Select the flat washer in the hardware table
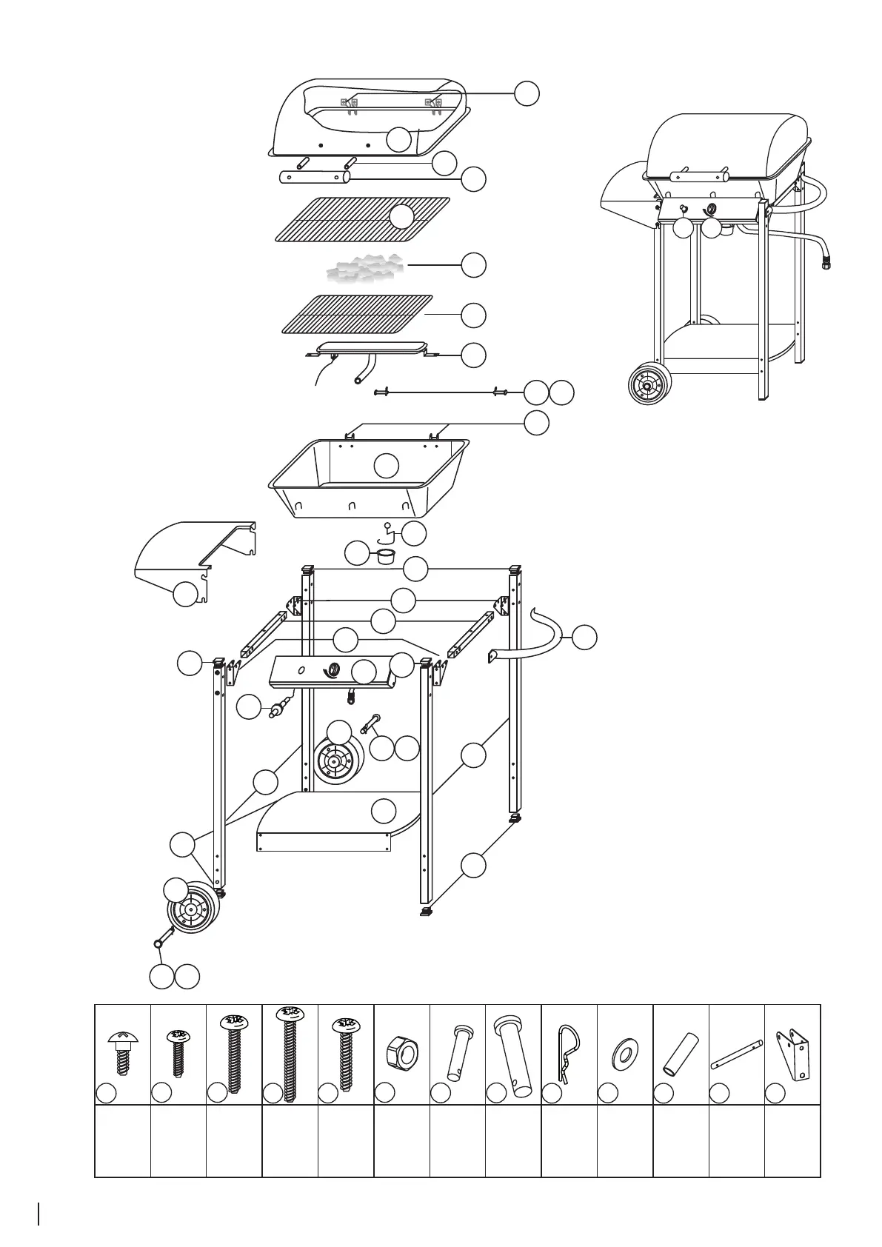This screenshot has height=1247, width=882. point(625,1052)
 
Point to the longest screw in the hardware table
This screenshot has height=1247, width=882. point(290,1047)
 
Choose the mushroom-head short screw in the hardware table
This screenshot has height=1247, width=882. point(123,1048)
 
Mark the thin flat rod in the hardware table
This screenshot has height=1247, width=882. point(736,1054)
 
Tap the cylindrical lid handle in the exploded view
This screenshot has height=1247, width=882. point(315,178)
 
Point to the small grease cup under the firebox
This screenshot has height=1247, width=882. point(385,555)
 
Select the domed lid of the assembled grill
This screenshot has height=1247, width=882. point(726,144)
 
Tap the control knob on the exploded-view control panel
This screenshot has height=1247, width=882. point(333,670)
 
